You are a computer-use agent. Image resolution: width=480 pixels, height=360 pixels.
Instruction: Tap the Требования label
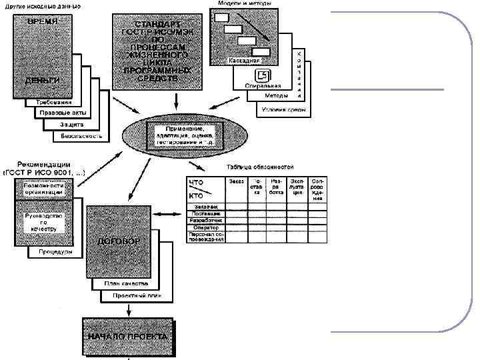pyautogui.click(x=51, y=103)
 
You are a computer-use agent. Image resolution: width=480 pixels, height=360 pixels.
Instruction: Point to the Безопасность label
pyautogui.click(x=81, y=136)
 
